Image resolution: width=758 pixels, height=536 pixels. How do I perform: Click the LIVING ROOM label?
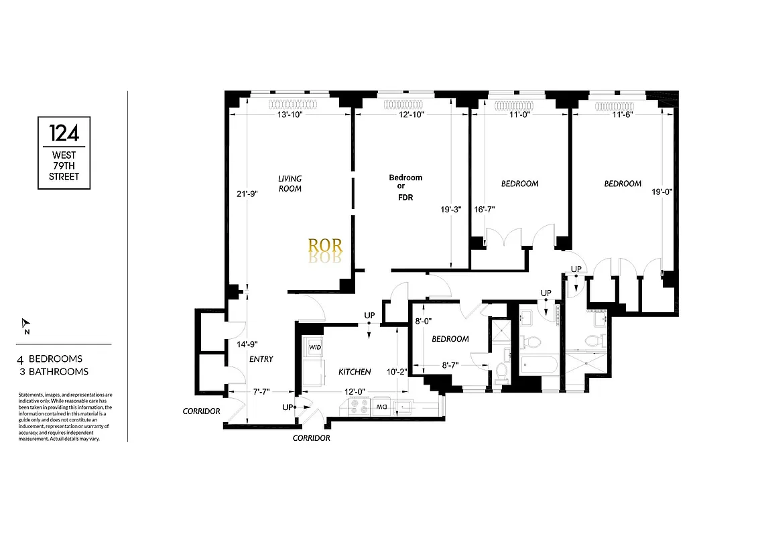pos(290,184)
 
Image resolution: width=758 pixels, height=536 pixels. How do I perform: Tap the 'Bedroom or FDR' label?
pos(405,188)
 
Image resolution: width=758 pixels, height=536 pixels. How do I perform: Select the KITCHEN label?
pos(355,372)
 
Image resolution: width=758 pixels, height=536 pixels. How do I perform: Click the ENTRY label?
pos(261,359)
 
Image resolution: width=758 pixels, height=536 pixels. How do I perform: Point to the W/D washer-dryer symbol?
pos(314,347)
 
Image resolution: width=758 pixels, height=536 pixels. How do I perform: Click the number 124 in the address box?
pos(64,131)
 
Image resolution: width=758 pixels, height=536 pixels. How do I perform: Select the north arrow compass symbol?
pos(25,324)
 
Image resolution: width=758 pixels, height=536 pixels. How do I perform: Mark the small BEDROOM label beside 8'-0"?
pos(450,339)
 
